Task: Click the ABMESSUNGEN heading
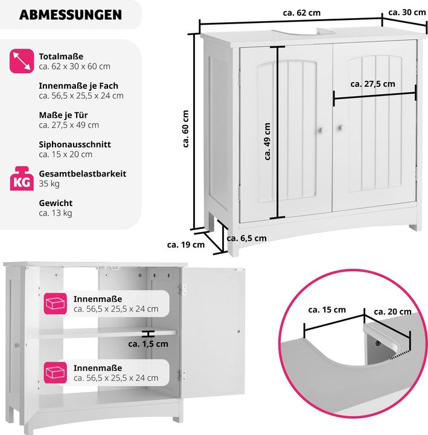tap(71, 14)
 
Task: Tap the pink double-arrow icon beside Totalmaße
tap(22, 61)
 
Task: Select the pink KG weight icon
tap(22, 179)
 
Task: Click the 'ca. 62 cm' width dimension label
tap(302, 13)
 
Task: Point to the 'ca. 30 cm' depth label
tap(407, 12)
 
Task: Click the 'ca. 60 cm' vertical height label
tap(185, 129)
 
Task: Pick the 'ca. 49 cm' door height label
tap(267, 141)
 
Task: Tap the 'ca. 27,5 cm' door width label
tap(372, 84)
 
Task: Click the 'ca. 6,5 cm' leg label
tap(246, 238)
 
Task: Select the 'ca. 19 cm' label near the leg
tap(186, 245)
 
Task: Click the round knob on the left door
tap(320, 130)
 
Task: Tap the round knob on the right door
tap(339, 128)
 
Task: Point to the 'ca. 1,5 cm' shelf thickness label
tap(148, 344)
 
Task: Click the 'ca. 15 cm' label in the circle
tap(327, 309)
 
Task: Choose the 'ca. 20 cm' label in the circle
tap(392, 312)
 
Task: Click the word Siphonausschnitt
tap(75, 144)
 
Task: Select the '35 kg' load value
tap(49, 184)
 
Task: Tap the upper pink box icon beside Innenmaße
tap(55, 304)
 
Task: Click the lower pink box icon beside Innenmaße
tap(55, 373)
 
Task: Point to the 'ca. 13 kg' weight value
tap(56, 213)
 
